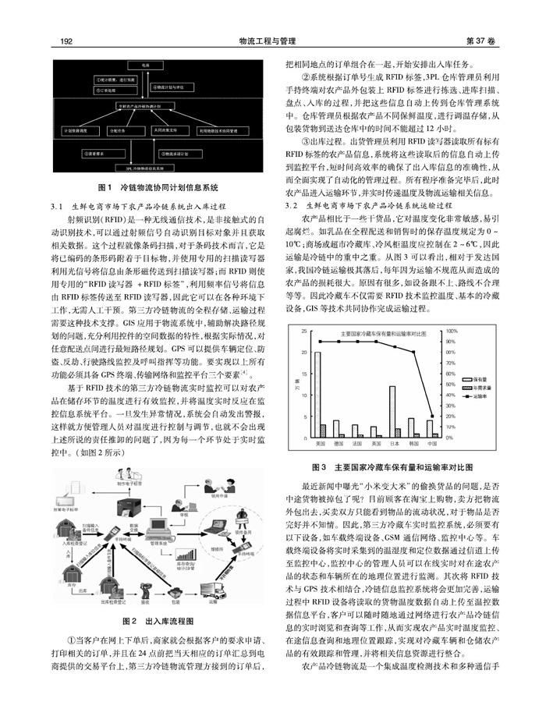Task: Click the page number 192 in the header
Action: [66, 41]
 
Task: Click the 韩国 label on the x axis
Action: [413, 443]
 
